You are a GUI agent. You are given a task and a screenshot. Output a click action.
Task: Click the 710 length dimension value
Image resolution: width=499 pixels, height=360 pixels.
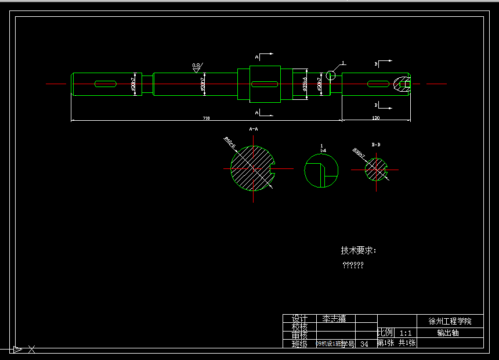coord(206,118)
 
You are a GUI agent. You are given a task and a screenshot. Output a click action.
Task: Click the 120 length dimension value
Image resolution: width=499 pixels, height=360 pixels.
coord(375,118)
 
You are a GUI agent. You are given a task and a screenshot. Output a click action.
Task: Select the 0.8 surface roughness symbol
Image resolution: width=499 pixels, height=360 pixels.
coord(197,67)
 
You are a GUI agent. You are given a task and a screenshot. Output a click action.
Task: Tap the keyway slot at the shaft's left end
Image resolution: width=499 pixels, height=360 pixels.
coord(105,84)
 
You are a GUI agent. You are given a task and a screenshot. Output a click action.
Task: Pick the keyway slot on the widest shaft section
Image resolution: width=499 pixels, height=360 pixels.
coord(265,84)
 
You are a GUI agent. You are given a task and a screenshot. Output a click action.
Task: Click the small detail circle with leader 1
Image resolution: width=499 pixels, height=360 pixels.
coord(330,75)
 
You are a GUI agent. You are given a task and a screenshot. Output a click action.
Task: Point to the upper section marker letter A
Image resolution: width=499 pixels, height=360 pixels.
coord(257,57)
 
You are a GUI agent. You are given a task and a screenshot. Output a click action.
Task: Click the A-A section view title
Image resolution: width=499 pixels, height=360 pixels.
coord(253,128)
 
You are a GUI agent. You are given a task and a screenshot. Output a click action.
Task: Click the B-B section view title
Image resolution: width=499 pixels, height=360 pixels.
coord(376,144)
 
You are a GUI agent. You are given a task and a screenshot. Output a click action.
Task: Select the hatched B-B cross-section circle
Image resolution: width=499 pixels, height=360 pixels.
coord(375,170)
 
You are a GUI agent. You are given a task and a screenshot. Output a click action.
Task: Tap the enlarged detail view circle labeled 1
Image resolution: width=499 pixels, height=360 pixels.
coord(321,171)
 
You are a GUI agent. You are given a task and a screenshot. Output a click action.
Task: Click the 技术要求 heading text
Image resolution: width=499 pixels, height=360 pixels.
coord(358,251)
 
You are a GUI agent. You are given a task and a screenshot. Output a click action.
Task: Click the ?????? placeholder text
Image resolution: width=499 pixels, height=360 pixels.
coord(353,265)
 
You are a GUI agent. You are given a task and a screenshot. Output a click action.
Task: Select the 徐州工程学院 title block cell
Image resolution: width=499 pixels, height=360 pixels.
coord(450,321)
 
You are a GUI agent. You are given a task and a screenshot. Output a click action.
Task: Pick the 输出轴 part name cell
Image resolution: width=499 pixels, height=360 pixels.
coord(448,333)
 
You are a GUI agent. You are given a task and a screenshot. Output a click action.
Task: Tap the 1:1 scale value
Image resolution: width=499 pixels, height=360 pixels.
coord(406,333)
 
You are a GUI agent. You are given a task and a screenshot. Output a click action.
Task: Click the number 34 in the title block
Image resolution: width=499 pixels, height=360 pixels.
coord(364,344)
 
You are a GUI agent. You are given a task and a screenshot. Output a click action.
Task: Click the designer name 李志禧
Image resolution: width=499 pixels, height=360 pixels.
coord(334,319)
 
